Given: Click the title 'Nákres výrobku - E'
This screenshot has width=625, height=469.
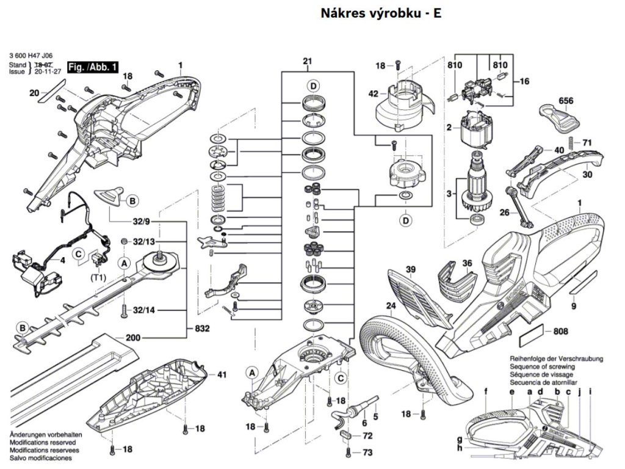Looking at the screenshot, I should coord(380,13).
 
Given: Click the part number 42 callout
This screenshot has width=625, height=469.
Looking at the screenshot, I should coord(374,93).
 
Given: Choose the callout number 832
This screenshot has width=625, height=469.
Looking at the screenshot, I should coord(203,329).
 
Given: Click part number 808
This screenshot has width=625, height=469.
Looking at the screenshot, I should coord(560,332).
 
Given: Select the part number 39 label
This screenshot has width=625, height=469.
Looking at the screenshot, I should coord(410,269).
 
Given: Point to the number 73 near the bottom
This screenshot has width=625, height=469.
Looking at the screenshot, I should coord(367,452).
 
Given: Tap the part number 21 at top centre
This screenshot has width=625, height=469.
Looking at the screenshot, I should coord(307,61).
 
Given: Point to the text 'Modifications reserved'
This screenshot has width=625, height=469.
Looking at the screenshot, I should coord(43,442).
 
